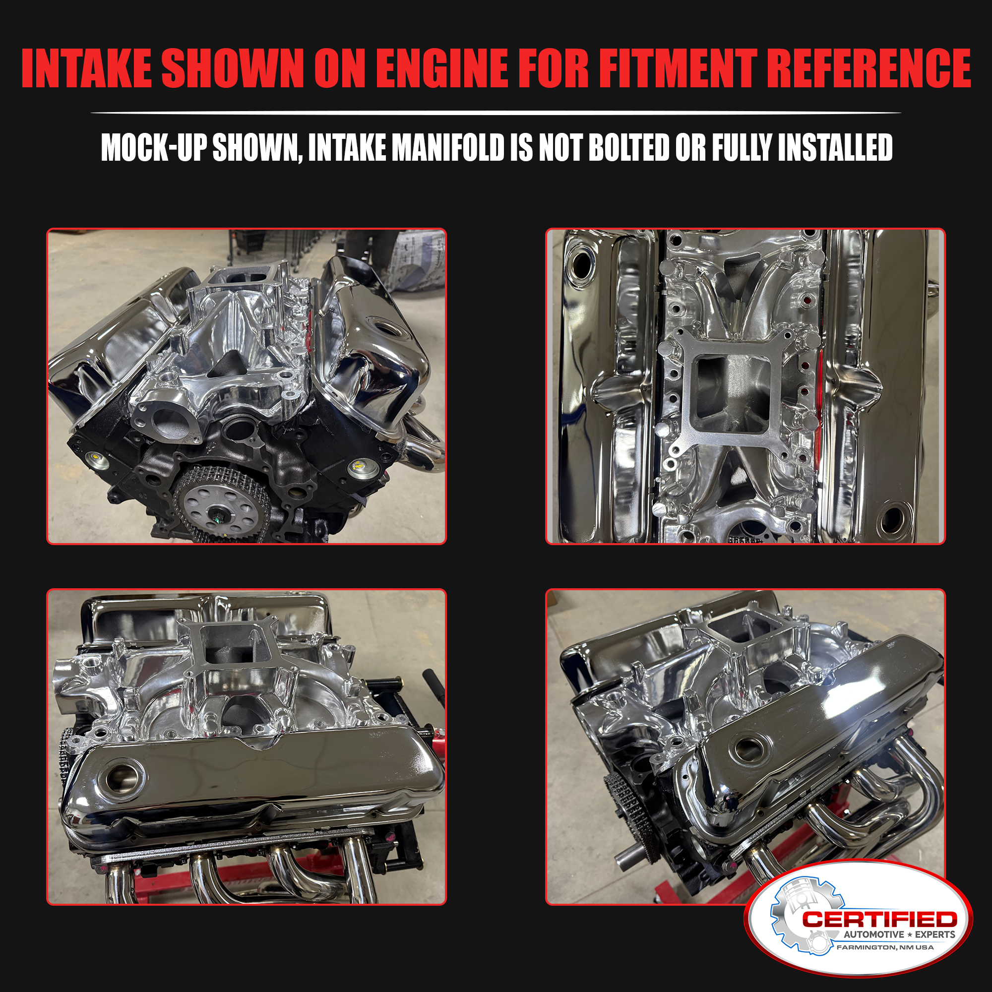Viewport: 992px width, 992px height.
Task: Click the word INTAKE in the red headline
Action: tap(86, 68)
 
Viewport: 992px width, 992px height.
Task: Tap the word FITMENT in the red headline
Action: tap(678, 68)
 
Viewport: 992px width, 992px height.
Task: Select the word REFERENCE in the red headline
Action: tap(871, 68)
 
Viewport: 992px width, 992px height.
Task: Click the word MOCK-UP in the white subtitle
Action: tap(154, 148)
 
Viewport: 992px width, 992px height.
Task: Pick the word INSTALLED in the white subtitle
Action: tap(835, 148)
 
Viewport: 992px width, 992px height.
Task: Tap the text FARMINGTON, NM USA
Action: tap(885, 947)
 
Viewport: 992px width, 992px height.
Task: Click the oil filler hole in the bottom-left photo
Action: tap(122, 778)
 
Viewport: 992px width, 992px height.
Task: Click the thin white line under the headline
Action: tap(496, 113)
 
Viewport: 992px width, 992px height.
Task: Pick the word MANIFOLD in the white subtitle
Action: tap(448, 148)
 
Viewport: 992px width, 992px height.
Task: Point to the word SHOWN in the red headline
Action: tap(233, 68)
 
